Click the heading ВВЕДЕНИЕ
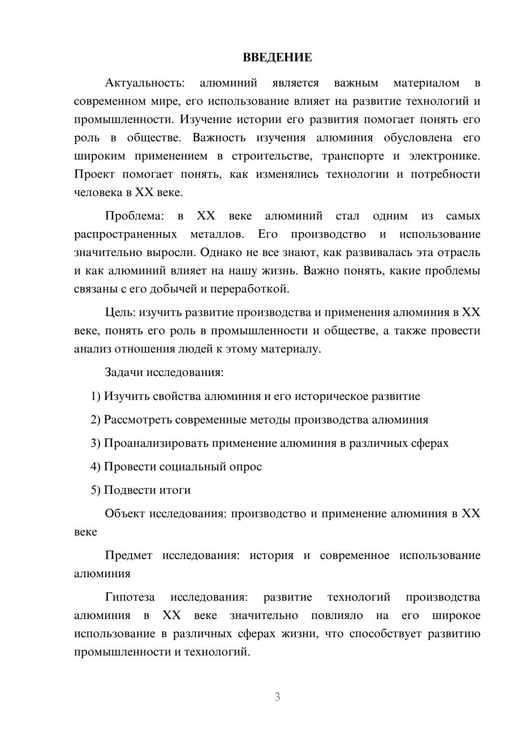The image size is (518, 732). click(277, 57)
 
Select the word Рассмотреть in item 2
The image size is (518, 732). click(137, 420)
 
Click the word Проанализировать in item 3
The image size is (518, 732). click(156, 443)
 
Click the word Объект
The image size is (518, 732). click(124, 514)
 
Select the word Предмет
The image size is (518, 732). click(128, 555)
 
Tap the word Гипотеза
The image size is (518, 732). click(129, 597)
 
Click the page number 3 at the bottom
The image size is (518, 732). click(277, 697)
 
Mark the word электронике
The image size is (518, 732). click(444, 156)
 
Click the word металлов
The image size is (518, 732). click(217, 235)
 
